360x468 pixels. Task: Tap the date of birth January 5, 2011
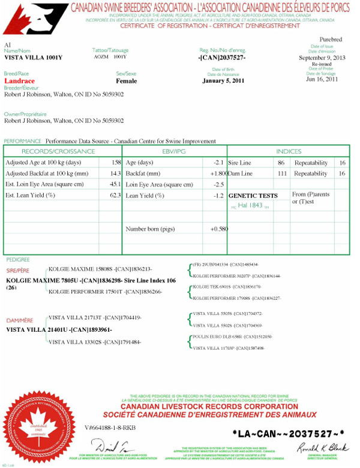(224, 81)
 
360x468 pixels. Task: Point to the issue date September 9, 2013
(322, 58)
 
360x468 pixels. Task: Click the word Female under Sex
(126, 81)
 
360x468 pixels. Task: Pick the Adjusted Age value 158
(116, 163)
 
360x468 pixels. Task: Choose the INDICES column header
(289, 151)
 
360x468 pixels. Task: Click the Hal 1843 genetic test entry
(251, 205)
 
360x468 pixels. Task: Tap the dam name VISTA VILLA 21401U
(59, 329)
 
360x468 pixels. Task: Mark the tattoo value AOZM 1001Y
(110, 56)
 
